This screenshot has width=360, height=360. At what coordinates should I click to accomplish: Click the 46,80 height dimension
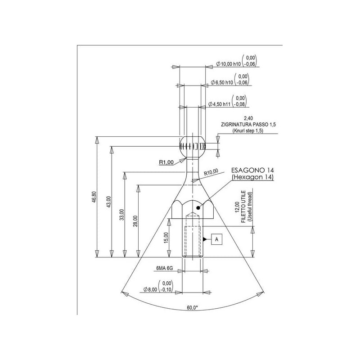94,197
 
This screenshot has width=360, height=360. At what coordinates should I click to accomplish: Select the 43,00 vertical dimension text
108,202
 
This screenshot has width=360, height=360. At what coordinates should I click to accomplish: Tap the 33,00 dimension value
122,215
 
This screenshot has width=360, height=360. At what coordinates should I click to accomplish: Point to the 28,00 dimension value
135,221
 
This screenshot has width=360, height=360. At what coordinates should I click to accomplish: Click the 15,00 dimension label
166,238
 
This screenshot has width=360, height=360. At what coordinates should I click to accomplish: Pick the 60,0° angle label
193,308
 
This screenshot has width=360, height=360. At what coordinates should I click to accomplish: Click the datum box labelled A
217,239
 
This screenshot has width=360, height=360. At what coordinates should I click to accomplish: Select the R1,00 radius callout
166,162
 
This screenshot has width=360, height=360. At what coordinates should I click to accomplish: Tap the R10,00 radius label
211,172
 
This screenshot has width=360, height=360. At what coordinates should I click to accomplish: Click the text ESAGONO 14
252,170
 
